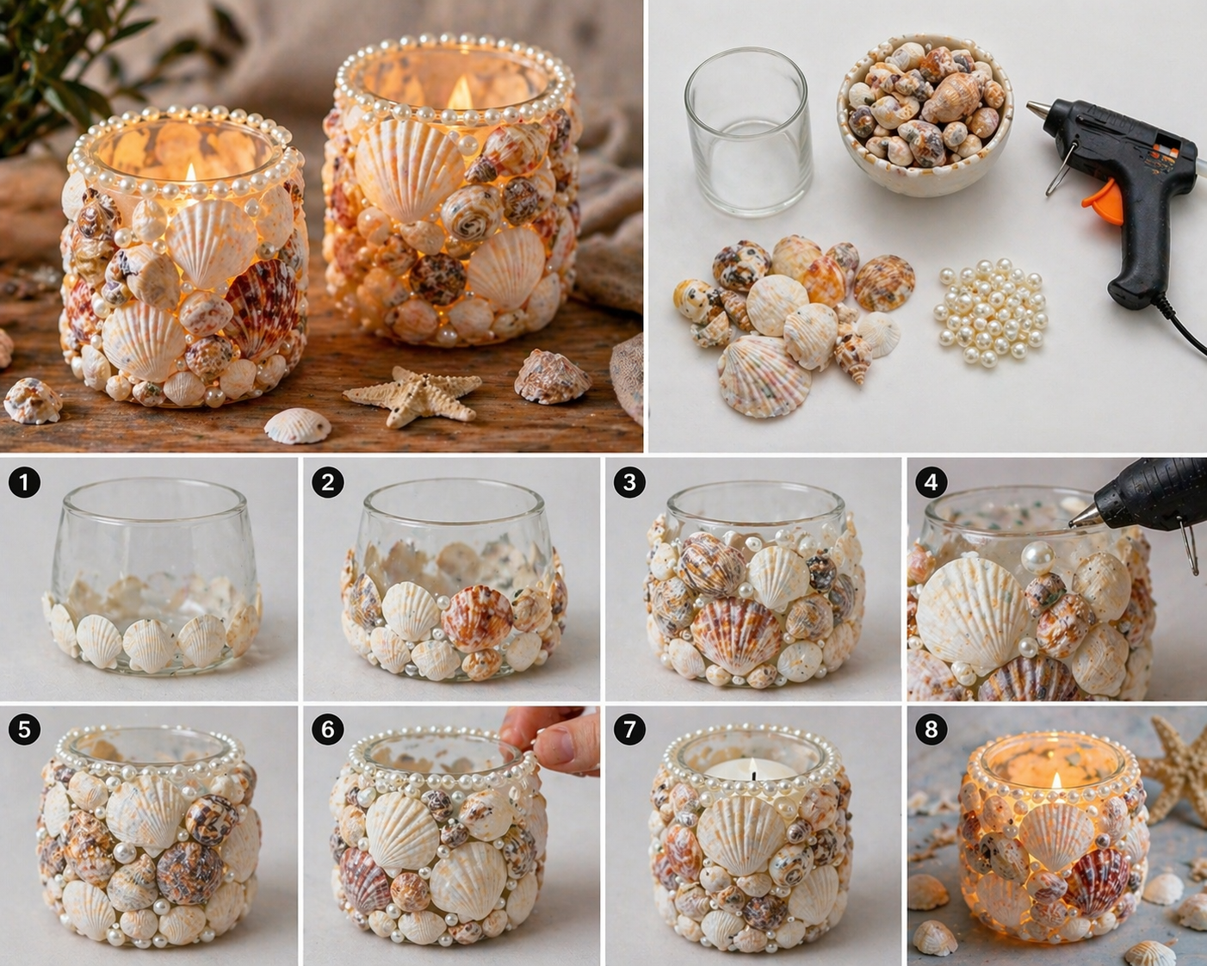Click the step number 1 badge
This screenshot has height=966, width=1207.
[24, 482]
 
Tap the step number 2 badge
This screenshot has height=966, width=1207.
[327, 482]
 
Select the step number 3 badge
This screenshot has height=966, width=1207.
[629, 482]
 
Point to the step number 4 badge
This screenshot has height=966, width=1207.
[931, 482]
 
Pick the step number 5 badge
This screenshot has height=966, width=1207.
[24, 730]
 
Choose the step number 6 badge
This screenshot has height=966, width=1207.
[327, 730]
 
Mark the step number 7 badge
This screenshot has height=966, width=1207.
[629, 730]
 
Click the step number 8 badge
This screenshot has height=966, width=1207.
[931, 730]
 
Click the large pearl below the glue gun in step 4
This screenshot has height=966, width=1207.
[1037, 555]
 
